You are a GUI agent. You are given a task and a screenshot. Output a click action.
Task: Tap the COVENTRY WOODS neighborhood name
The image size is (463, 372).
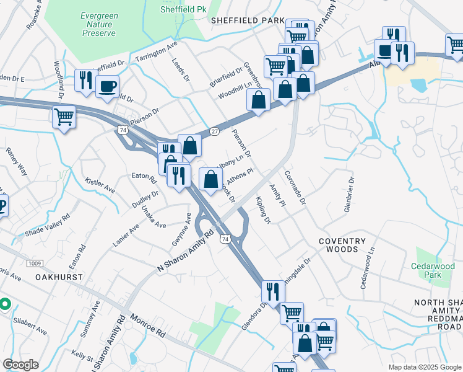(338, 245)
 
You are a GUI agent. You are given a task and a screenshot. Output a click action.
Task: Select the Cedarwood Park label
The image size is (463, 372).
(433, 270)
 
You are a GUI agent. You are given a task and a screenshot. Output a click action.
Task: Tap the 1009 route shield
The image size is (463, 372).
(35, 263)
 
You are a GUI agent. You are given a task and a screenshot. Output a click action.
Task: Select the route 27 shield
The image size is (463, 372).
(214, 131)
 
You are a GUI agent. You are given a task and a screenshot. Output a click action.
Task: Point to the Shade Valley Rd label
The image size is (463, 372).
(47, 226)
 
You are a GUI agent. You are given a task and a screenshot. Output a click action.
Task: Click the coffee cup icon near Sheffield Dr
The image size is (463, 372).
(106, 86)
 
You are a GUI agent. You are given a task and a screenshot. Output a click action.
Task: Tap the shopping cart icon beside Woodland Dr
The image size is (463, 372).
(64, 117)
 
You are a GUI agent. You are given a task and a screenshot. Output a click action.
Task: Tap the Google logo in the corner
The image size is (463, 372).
(20, 365)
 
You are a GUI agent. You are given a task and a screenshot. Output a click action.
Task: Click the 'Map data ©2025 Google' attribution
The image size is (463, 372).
(424, 367)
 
